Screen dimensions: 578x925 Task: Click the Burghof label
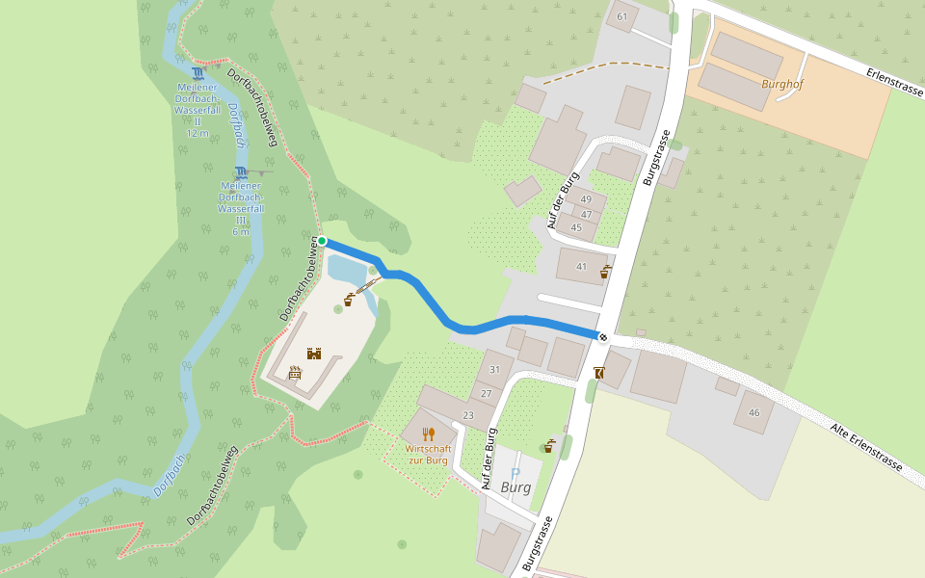coord(781,84)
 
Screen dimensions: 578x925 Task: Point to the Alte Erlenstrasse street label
coord(866,446)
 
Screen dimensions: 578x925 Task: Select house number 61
coord(621,16)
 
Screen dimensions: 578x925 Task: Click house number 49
coord(586,199)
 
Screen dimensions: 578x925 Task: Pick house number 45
coord(576,227)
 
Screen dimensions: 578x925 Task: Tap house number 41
coord(581,266)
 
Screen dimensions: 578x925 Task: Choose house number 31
coord(495,370)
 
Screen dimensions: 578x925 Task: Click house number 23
coord(468,415)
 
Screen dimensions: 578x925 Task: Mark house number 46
coord(753,412)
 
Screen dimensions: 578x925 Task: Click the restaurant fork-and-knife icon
coord(428,434)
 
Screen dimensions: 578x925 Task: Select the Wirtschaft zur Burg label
coord(426,455)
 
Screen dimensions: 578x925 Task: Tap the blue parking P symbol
coord(515,473)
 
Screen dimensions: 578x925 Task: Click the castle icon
coord(313,354)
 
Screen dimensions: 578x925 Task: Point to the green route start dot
coord(322,241)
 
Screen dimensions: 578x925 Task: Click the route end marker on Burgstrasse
coord(602,336)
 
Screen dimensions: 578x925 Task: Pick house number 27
coord(486,393)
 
